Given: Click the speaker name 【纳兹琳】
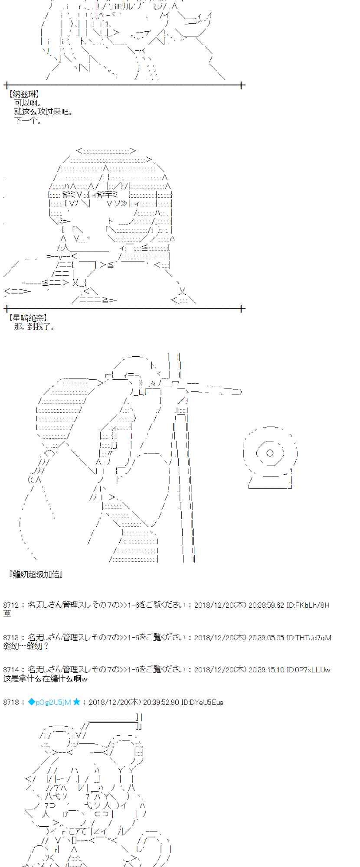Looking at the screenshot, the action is [x=24, y=94].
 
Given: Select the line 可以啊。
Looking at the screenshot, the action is [x=28, y=103].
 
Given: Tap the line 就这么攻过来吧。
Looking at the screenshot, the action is [x=43, y=112].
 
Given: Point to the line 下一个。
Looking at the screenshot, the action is [x=28, y=121].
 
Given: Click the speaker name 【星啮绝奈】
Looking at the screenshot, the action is [x=28, y=318].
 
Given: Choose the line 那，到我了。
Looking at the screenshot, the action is [x=35, y=327].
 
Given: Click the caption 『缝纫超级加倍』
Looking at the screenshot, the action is [x=36, y=575].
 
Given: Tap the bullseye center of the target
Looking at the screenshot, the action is [x=270, y=453].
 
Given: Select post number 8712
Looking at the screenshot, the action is [x=11, y=605].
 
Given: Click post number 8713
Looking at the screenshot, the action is [x=11, y=638].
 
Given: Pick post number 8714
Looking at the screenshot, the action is [x=11, y=670].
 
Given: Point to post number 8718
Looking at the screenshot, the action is [x=11, y=702].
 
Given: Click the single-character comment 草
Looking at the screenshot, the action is [x=7, y=614].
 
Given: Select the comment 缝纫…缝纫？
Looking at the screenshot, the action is [x=26, y=646].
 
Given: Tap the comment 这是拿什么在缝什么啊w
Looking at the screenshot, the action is [x=45, y=679].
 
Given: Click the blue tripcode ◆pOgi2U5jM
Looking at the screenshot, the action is [x=49, y=702].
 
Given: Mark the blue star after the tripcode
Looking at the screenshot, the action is [x=77, y=702].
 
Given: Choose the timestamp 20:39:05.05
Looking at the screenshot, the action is [x=266, y=638].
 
